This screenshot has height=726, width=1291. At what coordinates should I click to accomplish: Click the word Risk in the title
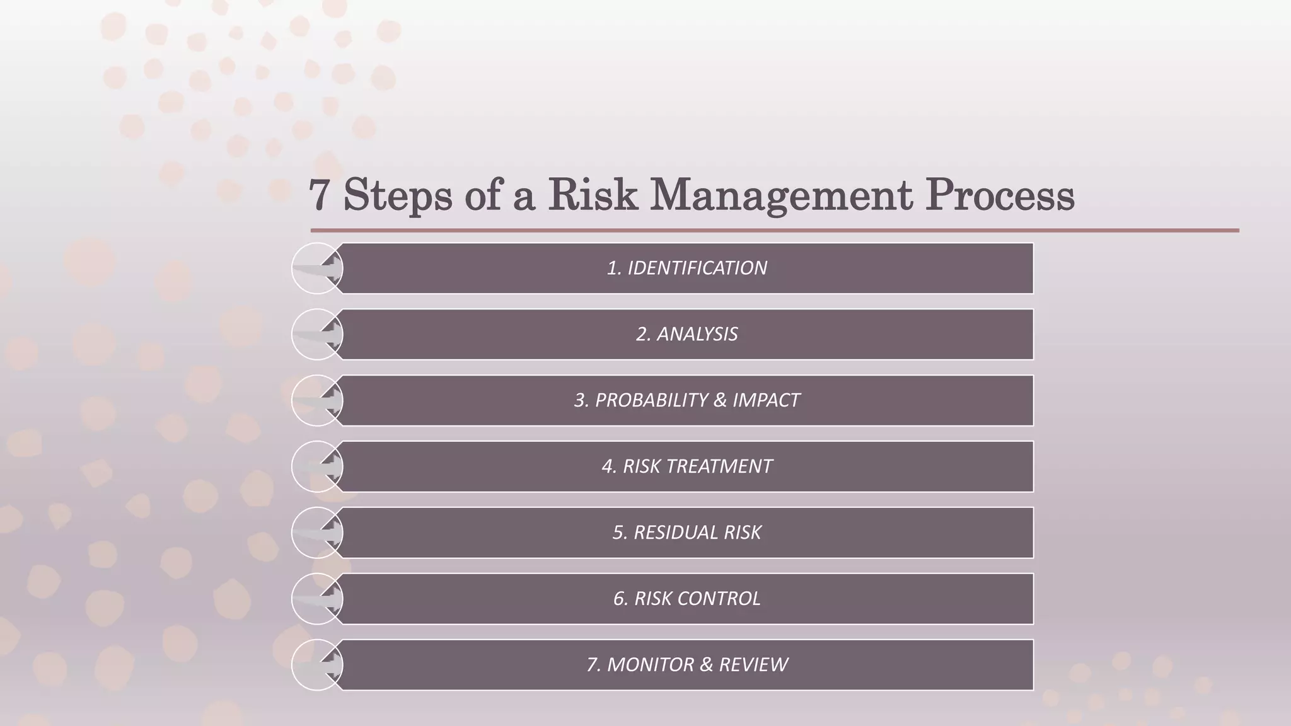click(x=593, y=195)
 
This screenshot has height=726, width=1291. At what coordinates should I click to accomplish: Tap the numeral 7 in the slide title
click(x=319, y=195)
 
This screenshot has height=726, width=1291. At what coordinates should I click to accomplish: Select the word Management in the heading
click(x=781, y=195)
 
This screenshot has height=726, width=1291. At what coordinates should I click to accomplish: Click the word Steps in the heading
click(x=398, y=195)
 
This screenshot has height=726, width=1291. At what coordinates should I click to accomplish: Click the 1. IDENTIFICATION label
click(x=686, y=268)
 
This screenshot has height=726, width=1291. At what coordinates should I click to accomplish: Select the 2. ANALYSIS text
click(x=686, y=334)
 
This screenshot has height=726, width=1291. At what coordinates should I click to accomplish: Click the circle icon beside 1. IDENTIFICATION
click(x=316, y=268)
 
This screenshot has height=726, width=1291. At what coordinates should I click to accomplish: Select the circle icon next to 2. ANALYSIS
click(x=316, y=335)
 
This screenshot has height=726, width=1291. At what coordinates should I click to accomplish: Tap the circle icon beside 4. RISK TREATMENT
click(x=316, y=467)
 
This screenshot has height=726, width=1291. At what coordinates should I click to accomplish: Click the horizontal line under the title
click(x=775, y=231)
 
